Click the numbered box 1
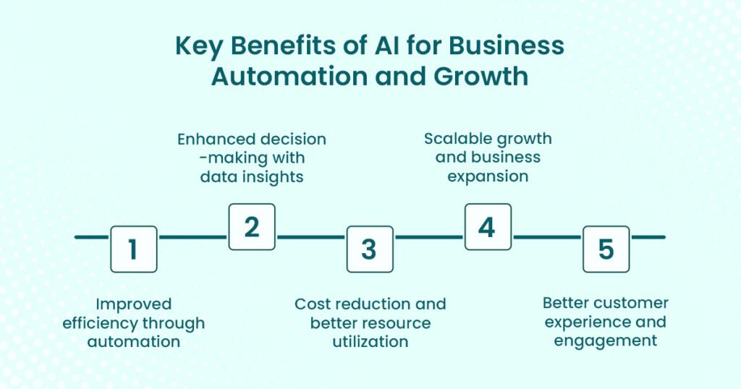pos(133,249)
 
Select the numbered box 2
pos(252,227)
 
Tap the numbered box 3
pos(370,249)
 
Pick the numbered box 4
pos(488,227)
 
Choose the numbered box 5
pos(606,249)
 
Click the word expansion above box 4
pos(488,176)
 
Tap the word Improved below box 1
pos(133,304)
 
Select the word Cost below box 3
pos(313,304)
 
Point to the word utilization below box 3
pos(370,341)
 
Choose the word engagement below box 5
pos(606,340)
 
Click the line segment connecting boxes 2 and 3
pos(311,237)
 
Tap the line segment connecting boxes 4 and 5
pos(547,237)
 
